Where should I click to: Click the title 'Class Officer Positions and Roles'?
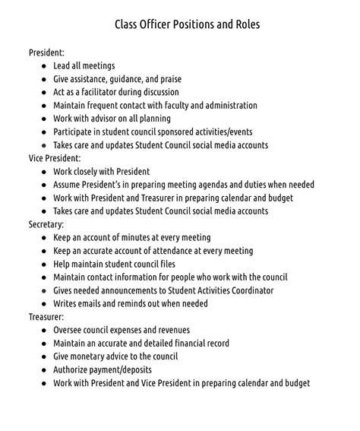187,24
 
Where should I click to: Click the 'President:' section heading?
46,52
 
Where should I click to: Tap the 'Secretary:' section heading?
46,224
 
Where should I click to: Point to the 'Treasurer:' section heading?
47,317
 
